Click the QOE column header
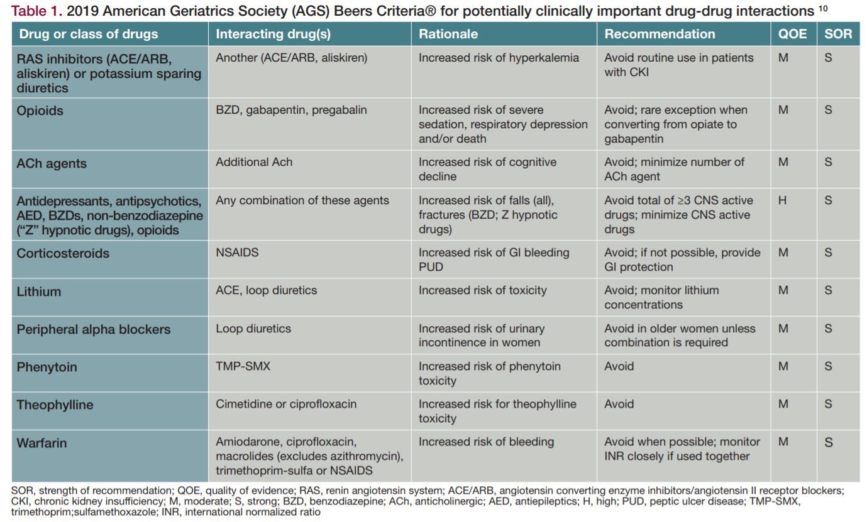tap(792, 34)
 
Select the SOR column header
tap(838, 34)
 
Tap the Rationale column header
tap(448, 34)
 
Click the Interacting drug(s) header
tap(273, 34)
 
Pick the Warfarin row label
tap(41, 443)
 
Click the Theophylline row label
tap(55, 405)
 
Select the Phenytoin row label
tap(47, 367)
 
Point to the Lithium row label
tap(39, 291)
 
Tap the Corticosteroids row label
tap(63, 253)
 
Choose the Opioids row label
tap(40, 111)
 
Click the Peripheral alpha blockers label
tap(93, 329)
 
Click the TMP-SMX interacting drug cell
tap(243, 366)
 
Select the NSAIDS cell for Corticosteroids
tap(237, 253)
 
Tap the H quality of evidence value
tap(782, 200)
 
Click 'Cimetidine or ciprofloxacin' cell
tap(286, 404)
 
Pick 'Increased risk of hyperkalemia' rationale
tap(499, 58)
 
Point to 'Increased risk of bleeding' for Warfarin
tap(486, 442)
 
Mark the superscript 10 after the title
tap(823, 8)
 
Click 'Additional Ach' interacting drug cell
tap(254, 162)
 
